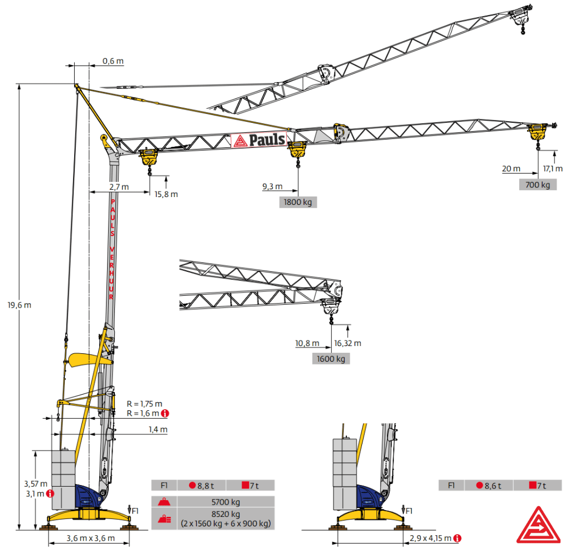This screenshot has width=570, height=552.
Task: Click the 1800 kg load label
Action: (298, 202)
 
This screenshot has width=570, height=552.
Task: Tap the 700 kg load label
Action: (538, 185)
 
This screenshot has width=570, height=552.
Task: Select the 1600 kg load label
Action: (331, 359)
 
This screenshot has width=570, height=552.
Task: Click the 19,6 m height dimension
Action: (20, 305)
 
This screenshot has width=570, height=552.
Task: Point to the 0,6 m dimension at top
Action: (113, 61)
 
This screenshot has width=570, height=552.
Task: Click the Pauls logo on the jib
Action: (259, 140)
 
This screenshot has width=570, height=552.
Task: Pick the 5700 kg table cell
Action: (226, 502)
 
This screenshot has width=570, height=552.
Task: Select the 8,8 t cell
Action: (202, 486)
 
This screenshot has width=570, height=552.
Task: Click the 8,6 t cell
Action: (489, 486)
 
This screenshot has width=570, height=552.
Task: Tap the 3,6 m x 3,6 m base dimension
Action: (90, 538)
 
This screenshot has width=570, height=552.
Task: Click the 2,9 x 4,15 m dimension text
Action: (431, 538)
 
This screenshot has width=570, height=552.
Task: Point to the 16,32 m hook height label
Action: (347, 343)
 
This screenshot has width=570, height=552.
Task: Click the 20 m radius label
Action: (511, 169)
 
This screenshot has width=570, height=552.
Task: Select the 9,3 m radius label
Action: (272, 186)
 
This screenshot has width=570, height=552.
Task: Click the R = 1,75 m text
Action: (144, 404)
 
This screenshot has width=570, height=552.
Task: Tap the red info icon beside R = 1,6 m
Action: (165, 414)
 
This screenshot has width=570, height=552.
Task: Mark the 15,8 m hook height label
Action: (166, 194)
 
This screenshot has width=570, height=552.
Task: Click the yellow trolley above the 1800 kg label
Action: (297, 149)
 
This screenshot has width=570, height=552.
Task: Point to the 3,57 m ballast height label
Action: (36, 483)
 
